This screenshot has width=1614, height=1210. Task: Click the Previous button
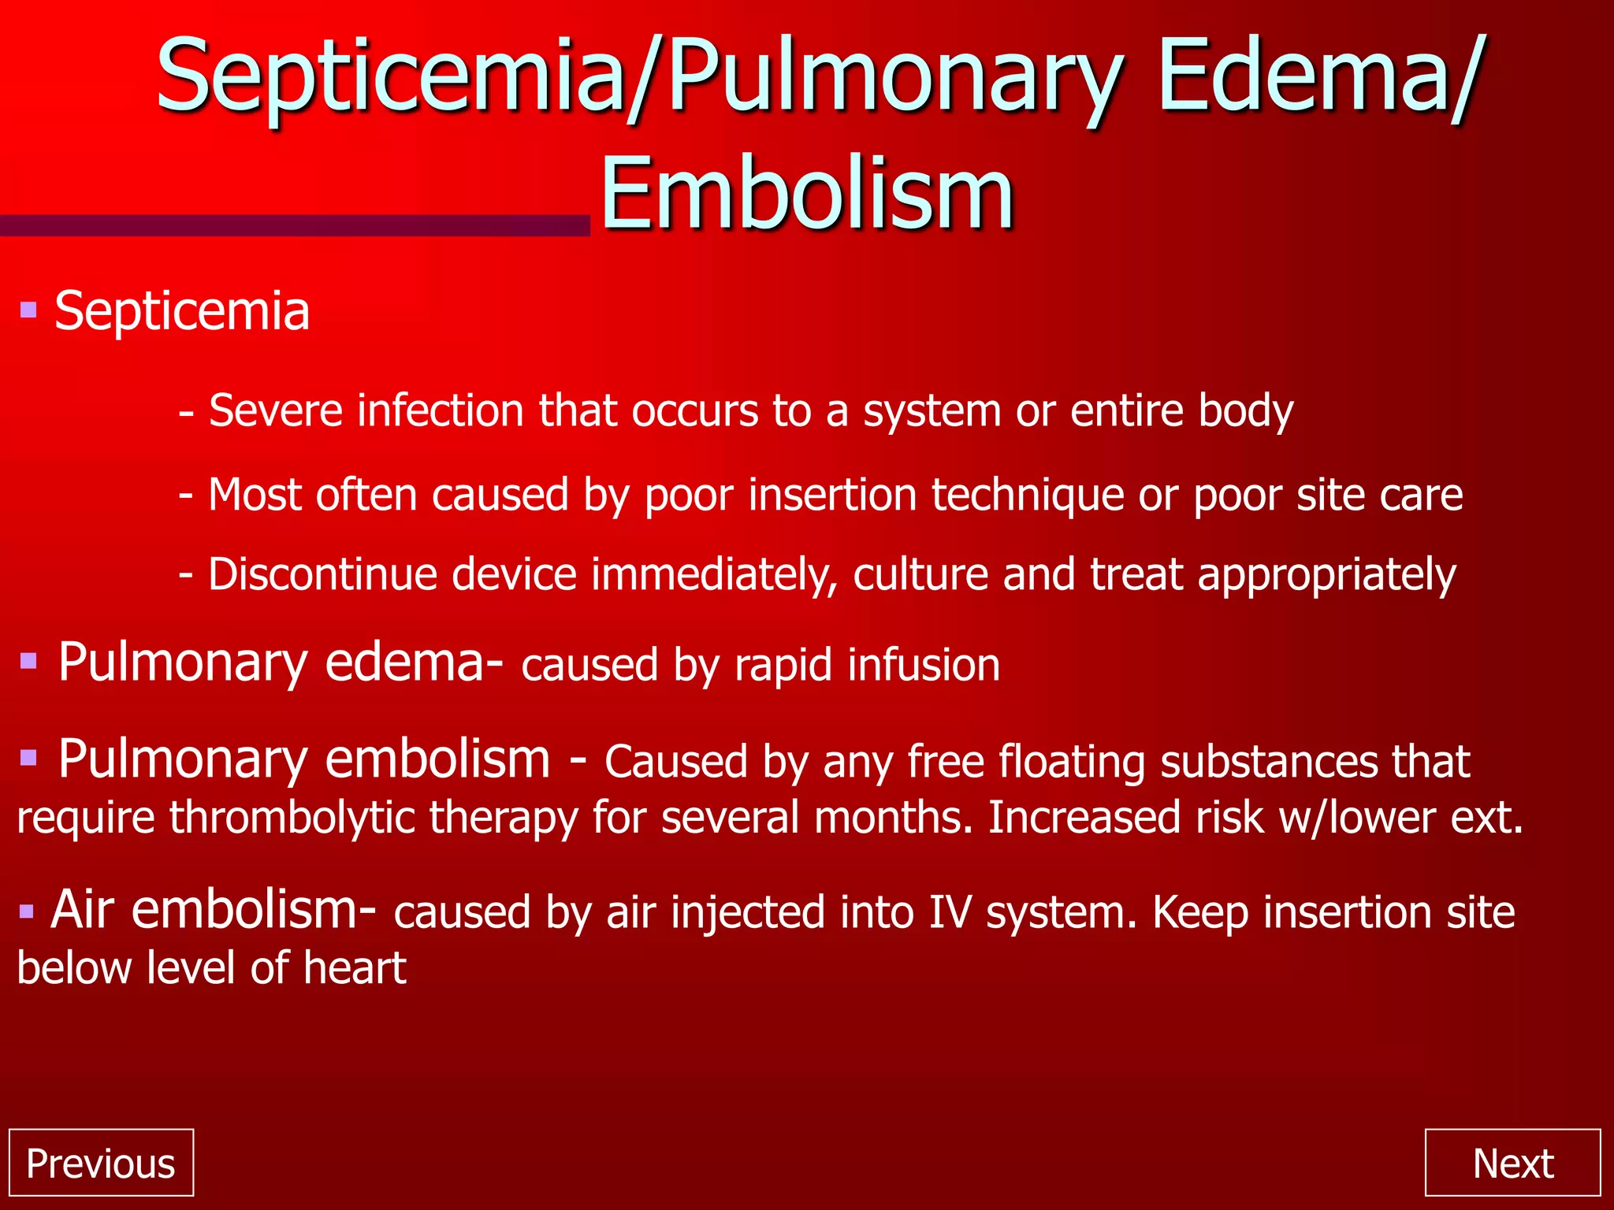[101, 1163]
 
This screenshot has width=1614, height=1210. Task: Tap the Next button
[1512, 1163]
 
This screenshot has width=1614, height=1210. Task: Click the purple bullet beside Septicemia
[29, 310]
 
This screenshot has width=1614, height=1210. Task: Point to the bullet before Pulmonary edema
[29, 660]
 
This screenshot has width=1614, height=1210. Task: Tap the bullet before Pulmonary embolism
[29, 758]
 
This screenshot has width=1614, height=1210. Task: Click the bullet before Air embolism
[28, 911]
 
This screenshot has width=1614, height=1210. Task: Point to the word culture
[920, 574]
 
